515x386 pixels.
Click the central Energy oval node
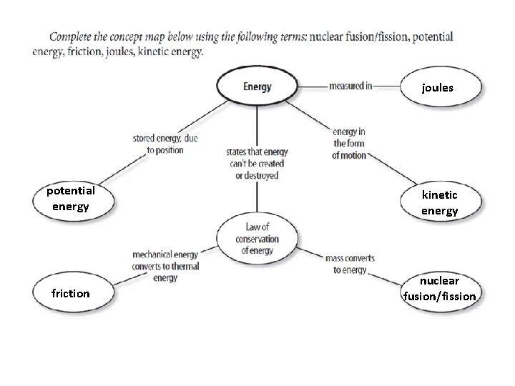coord(257,87)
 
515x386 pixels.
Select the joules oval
coord(438,88)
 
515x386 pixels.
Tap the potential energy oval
coord(71,199)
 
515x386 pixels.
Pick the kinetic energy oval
coord(439,202)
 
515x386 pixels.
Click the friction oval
coord(71,293)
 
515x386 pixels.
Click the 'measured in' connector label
coord(350,86)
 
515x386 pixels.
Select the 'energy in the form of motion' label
coord(349,143)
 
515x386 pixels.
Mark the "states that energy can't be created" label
coord(255,164)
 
